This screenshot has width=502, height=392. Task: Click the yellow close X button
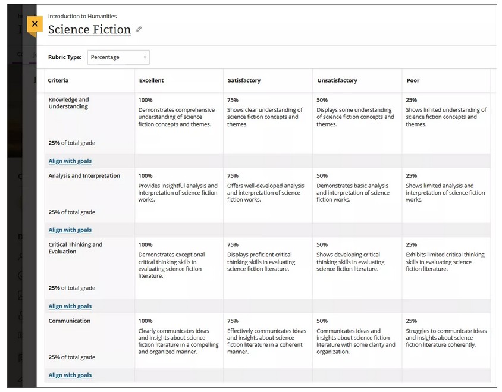point(35,24)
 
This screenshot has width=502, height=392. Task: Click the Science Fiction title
point(89,30)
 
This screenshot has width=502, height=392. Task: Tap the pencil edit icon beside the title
point(139,29)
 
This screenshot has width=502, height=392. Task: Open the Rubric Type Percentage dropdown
point(118,57)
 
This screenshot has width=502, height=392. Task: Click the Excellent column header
point(151,80)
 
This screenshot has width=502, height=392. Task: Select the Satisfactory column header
point(244,80)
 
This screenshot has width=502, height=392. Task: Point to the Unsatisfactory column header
point(337,80)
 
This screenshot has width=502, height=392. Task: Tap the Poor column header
point(413,80)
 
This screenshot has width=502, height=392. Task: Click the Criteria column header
point(58,80)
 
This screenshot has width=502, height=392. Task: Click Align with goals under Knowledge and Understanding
point(70,161)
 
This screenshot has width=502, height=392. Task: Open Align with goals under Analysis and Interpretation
point(70,230)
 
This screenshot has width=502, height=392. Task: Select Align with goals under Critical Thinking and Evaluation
point(70,306)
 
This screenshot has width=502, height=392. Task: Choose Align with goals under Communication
point(70,375)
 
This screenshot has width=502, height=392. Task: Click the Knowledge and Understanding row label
point(68,103)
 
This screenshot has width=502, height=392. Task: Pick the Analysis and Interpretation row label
point(84,176)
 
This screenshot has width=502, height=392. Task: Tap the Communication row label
point(70,321)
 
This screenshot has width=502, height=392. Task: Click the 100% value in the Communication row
point(145,321)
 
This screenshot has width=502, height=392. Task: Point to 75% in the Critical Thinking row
point(233,245)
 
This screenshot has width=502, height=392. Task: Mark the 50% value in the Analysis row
point(322,176)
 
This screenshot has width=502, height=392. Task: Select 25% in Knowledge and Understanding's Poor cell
point(411,100)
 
